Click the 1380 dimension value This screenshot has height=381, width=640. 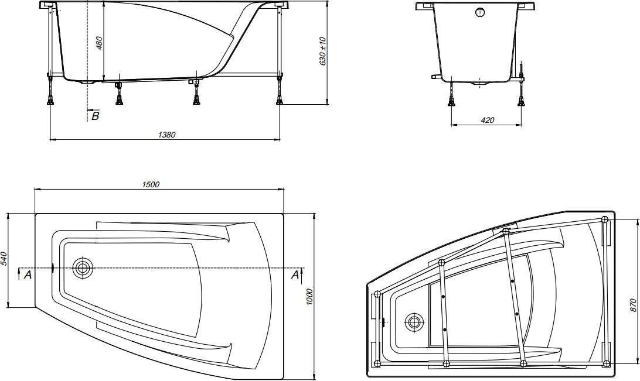click(166, 135)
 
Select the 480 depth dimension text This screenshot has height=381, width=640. click(100, 42)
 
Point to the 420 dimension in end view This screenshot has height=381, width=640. click(487, 120)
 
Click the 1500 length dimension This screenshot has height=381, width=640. click(151, 184)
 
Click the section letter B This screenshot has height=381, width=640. click(96, 116)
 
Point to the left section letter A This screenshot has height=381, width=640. click(26, 274)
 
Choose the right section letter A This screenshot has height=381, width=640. click(295, 274)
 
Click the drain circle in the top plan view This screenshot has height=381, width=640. click(83, 268)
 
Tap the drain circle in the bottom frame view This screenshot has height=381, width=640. click(416, 321)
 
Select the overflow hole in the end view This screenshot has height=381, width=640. click(481, 12)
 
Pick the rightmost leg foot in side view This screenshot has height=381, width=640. click(280, 101)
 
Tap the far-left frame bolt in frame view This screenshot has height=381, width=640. click(377, 293)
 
